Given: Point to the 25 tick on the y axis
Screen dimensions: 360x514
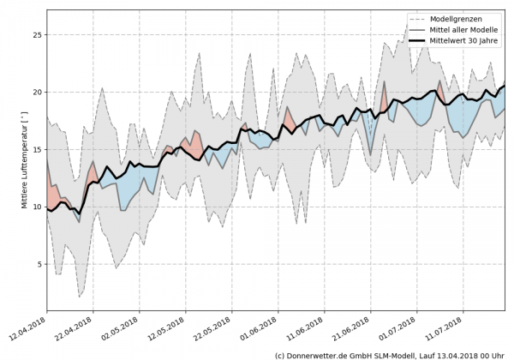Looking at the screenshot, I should (x=37, y=35).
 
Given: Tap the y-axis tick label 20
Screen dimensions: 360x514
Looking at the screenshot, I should (x=37, y=93).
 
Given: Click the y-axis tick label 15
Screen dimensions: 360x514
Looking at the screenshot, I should (x=37, y=149).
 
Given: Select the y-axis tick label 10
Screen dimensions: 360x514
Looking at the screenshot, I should (x=37, y=207).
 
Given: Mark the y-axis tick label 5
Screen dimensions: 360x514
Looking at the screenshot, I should (x=39, y=264).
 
